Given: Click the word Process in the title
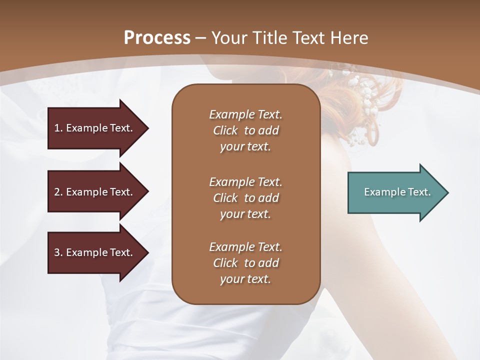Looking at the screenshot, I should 157,38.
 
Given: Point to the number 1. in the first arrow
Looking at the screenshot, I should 58,128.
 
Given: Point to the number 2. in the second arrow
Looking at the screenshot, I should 58,192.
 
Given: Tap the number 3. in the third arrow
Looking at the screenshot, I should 58,252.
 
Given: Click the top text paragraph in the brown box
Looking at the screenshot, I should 245,130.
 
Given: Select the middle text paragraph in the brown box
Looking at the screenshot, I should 245,197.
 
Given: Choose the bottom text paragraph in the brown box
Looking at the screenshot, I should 245,263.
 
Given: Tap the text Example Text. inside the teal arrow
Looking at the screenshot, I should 397,192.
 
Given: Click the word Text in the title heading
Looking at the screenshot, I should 307,38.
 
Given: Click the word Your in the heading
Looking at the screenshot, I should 227,38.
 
